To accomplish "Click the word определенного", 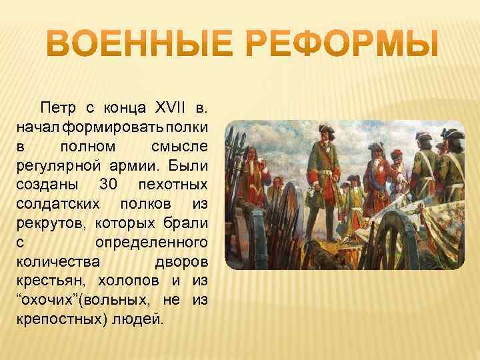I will pyautogui.click(x=152, y=241).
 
